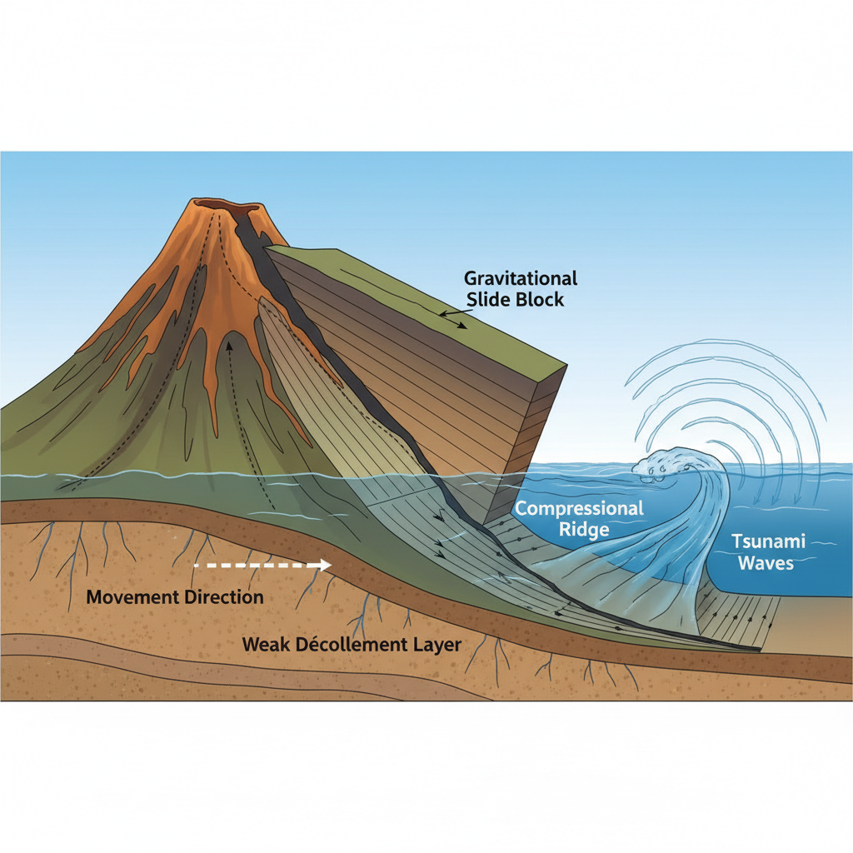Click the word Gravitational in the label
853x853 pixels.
click(x=521, y=278)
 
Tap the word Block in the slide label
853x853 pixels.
click(x=538, y=299)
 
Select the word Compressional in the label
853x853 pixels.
click(x=580, y=508)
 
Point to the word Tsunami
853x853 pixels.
click(x=768, y=541)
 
